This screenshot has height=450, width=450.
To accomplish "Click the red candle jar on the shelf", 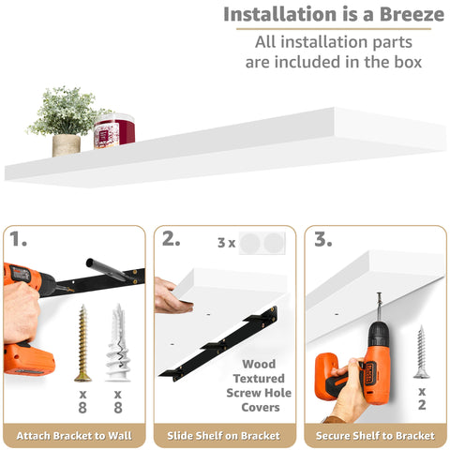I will (x=114, y=131).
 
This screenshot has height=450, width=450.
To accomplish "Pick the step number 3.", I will (x=323, y=240).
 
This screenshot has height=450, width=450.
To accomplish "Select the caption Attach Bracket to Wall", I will (x=74, y=436).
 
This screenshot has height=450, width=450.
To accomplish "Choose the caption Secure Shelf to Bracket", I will (x=376, y=436).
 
